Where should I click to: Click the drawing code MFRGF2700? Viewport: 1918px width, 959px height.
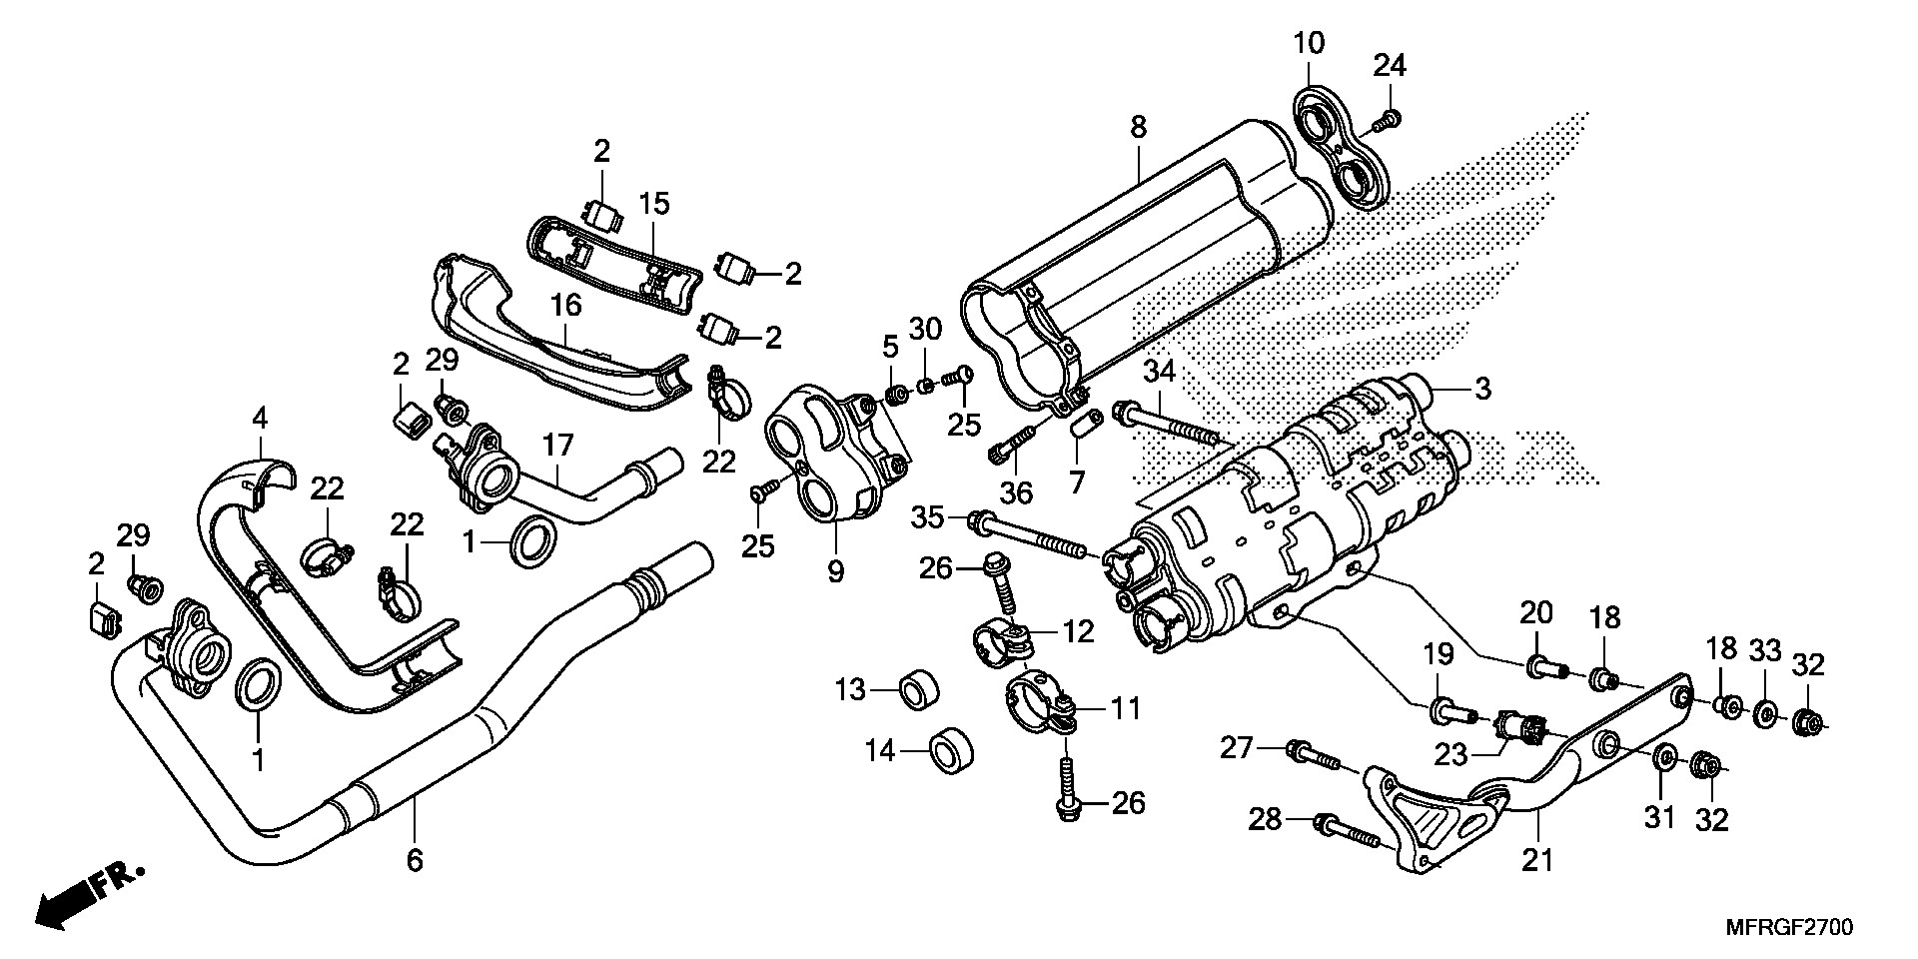[x=1788, y=928]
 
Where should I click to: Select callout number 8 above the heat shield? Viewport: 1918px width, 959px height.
[x=1138, y=127]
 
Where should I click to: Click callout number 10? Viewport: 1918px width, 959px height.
[x=1309, y=44]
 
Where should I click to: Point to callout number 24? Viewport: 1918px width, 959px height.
[x=1389, y=66]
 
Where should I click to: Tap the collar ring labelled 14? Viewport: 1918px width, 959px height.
[x=952, y=750]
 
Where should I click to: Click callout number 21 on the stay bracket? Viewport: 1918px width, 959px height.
[x=1537, y=858]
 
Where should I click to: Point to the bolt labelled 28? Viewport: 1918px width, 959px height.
[x=1349, y=829]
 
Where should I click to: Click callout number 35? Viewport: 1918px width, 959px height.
[x=927, y=517]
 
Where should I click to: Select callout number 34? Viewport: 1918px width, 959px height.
[x=1159, y=372]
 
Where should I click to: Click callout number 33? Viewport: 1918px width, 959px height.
[x=1765, y=650]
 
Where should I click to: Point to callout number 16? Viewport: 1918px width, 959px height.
[x=566, y=305]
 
